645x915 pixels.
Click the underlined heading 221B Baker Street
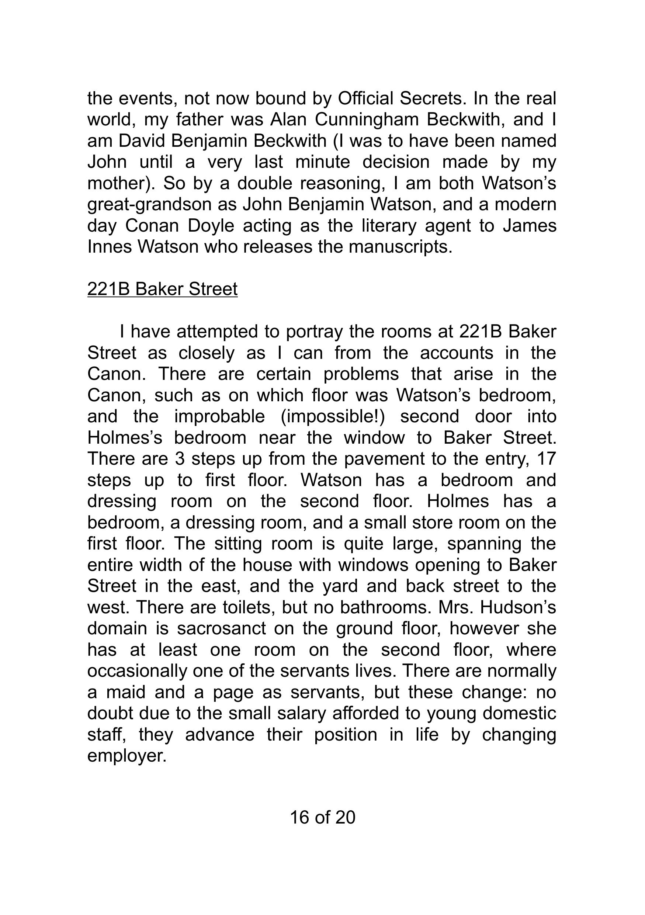[x=162, y=289]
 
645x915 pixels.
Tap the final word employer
[x=126, y=756]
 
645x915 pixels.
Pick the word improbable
[x=219, y=416]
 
